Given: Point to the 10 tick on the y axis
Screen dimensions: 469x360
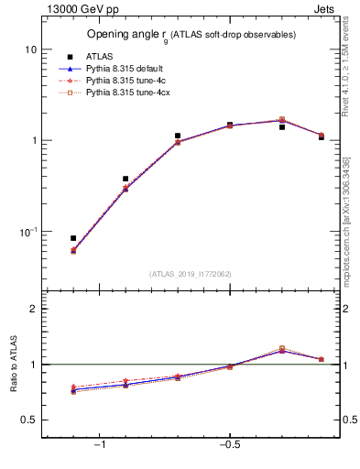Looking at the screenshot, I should coord(30,49).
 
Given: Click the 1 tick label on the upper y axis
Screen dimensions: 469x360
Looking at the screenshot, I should coord(33,140).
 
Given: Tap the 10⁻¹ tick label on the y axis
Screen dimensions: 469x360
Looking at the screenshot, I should coord(27,232).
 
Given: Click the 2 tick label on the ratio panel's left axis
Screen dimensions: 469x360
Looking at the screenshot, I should coord(33,310).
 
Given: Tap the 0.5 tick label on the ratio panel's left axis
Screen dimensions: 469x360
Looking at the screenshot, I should coord(29,420).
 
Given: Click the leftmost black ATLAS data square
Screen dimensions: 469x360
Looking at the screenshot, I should coord(73,238).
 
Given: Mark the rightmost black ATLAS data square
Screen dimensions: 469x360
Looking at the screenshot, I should coord(321,137).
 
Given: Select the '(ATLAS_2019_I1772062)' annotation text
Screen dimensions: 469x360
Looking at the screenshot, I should coord(191,273).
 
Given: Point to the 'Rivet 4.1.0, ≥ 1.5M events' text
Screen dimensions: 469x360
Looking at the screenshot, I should coord(346,70).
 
